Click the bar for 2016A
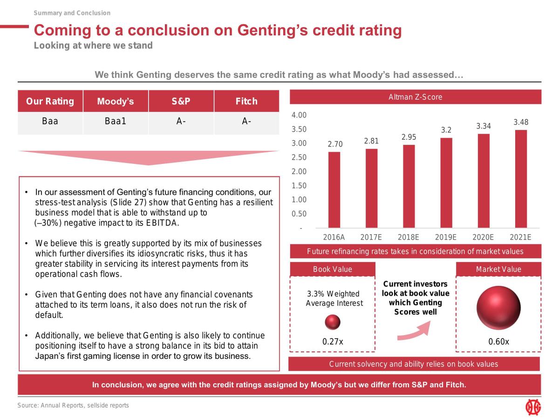tap(334, 189)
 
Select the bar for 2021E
tap(521, 179)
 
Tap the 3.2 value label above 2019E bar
tap(446, 130)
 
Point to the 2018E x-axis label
tap(408, 237)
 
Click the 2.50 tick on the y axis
tap(299, 157)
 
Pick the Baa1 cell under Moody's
tap(116, 121)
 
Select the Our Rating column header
tap(50, 101)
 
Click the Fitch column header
tap(246, 101)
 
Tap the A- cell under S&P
tap(181, 121)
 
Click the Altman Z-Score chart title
tap(416, 97)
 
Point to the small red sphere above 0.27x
tap(332, 322)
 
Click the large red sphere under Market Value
tap(498, 308)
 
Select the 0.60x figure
tap(498, 341)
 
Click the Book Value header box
tap(332, 269)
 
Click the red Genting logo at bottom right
tap(533, 407)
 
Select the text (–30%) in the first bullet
tap(48, 223)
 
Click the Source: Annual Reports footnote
tap(73, 405)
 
